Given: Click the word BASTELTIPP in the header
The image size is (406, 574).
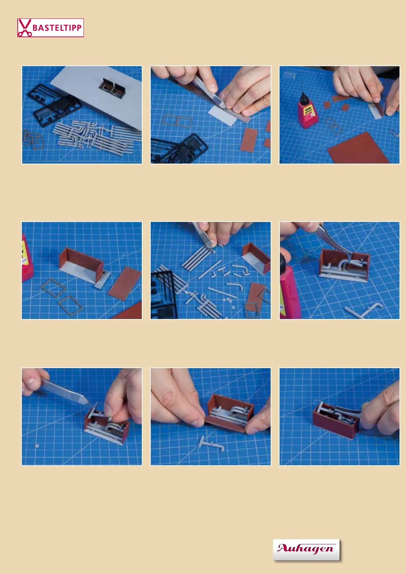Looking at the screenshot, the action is click(57, 28).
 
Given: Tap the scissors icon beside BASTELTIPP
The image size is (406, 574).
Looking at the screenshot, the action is click(25, 28).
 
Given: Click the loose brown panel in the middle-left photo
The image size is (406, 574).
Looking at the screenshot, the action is click(125, 283).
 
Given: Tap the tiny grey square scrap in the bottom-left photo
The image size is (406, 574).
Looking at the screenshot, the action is click(37, 446).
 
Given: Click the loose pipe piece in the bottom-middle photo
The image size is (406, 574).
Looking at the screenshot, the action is click(211, 444).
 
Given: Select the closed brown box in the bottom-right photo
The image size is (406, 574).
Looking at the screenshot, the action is click(336, 421).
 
